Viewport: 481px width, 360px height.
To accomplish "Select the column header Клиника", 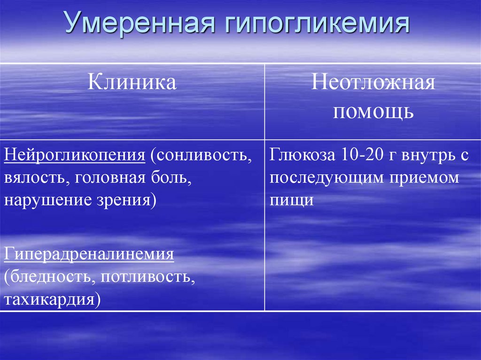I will [x=132, y=82].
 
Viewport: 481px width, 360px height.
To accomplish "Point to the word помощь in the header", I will [x=373, y=111].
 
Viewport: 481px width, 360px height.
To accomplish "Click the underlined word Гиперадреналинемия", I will [x=89, y=255].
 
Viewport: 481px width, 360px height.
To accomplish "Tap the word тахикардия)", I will [x=53, y=299].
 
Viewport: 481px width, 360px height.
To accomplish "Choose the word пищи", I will [x=292, y=200].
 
